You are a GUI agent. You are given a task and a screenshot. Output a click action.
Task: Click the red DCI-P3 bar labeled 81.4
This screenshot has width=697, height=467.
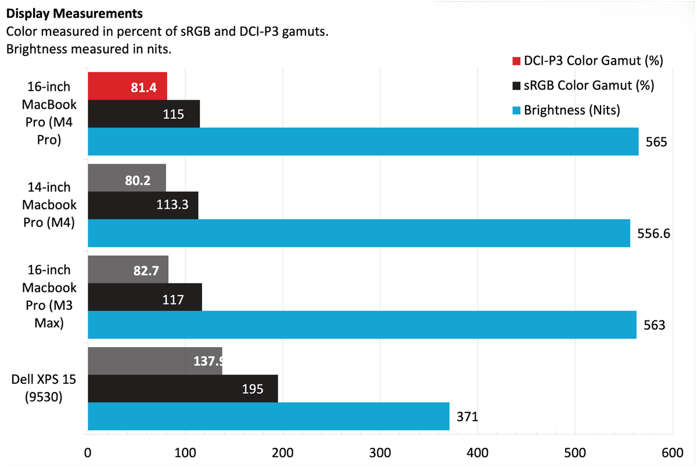pos(127,86)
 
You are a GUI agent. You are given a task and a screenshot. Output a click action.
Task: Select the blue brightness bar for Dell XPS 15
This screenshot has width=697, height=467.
pos(268,416)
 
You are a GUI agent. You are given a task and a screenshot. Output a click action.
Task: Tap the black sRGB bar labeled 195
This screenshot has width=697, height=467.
pos(182,388)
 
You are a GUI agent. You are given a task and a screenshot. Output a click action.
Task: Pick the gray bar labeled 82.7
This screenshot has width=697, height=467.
pos(128,269)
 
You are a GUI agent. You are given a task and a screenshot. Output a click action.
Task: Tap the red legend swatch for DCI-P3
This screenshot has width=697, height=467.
pos(516,60)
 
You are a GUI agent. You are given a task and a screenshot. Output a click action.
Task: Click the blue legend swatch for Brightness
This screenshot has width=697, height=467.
pos(516,109)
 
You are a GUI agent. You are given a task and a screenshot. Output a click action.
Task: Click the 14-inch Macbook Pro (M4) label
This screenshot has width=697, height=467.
pos(49,205)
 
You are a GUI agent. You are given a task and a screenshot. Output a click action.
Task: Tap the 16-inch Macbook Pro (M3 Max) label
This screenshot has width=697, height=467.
pos(49,297)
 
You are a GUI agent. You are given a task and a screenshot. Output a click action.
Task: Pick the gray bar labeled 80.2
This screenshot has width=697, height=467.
pos(127,177)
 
